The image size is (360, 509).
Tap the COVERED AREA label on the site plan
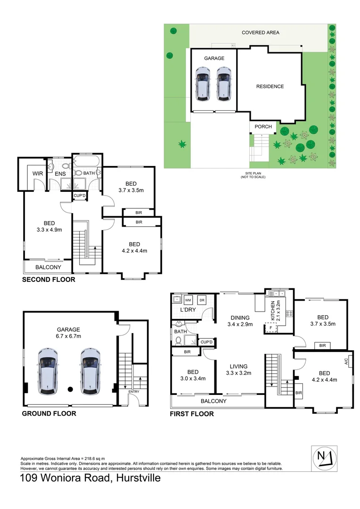pyautogui.click(x=260, y=33)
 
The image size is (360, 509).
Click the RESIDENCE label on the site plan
pyautogui.click(x=270, y=86)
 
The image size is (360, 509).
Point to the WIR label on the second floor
pyautogui.click(x=38, y=173)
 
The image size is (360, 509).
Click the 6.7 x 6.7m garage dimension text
pyautogui.click(x=69, y=336)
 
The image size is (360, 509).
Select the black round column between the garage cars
pyautogui.click(x=70, y=389)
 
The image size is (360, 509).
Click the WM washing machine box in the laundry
pyautogui.click(x=188, y=300)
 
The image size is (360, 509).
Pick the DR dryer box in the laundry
pyautogui.click(x=202, y=300)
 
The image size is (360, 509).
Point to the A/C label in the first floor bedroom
pyautogui.click(x=346, y=362)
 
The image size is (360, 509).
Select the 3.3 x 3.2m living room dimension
pyautogui.click(x=238, y=373)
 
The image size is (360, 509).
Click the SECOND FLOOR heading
pyautogui.click(x=49, y=279)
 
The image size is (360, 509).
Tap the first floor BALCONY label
pyautogui.click(x=213, y=401)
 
